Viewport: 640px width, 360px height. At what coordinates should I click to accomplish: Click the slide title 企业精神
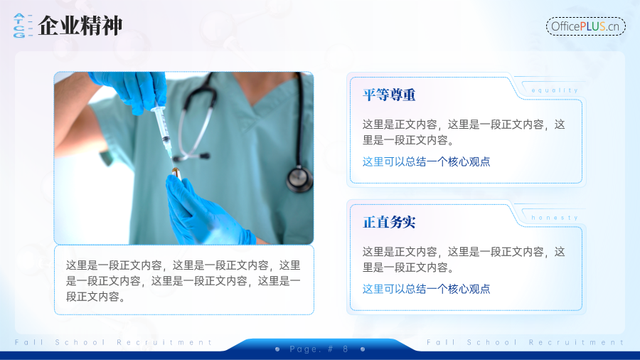click(x=80, y=26)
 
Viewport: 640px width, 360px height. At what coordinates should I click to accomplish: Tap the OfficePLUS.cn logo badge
click(x=586, y=26)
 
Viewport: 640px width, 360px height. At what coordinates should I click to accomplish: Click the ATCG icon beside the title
click(x=23, y=26)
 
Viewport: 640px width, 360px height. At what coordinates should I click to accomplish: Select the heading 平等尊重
click(x=389, y=95)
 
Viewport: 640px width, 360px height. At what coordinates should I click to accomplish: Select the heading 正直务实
click(x=389, y=223)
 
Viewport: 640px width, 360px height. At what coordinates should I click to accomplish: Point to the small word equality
click(x=555, y=90)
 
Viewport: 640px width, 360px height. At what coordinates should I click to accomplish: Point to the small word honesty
click(x=555, y=218)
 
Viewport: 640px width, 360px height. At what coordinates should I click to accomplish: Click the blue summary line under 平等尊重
click(x=426, y=162)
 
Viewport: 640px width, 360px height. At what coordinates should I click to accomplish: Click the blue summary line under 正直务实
click(x=426, y=289)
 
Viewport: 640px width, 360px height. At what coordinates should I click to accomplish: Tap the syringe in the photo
click(x=163, y=128)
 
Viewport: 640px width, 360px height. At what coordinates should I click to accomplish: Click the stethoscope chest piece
click(x=299, y=179)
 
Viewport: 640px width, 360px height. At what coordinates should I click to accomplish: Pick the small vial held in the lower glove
click(x=176, y=174)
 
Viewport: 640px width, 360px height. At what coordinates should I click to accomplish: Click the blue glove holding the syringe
click(x=131, y=91)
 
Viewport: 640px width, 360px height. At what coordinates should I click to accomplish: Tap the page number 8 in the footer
click(x=346, y=349)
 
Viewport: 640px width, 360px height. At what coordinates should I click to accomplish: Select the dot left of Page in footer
click(x=277, y=349)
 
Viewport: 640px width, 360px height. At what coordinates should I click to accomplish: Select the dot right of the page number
click(x=363, y=349)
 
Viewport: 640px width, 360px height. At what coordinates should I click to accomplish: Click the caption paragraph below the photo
click(x=183, y=281)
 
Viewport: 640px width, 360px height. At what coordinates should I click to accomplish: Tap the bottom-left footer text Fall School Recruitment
click(x=114, y=342)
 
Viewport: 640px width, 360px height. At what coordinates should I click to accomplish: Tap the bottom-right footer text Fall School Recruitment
click(x=526, y=342)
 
